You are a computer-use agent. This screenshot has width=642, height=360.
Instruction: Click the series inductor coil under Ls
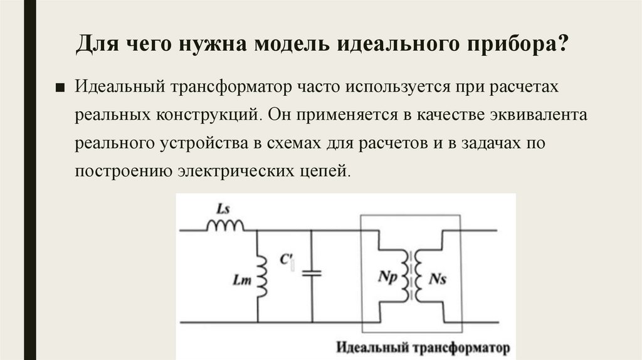pyautogui.click(x=224, y=225)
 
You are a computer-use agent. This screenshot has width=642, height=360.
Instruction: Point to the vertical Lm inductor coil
pyautogui.click(x=262, y=276)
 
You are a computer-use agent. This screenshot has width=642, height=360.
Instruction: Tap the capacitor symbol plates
pyautogui.click(x=311, y=273)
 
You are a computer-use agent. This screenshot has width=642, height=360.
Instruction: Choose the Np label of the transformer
pyautogui.click(x=387, y=276)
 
